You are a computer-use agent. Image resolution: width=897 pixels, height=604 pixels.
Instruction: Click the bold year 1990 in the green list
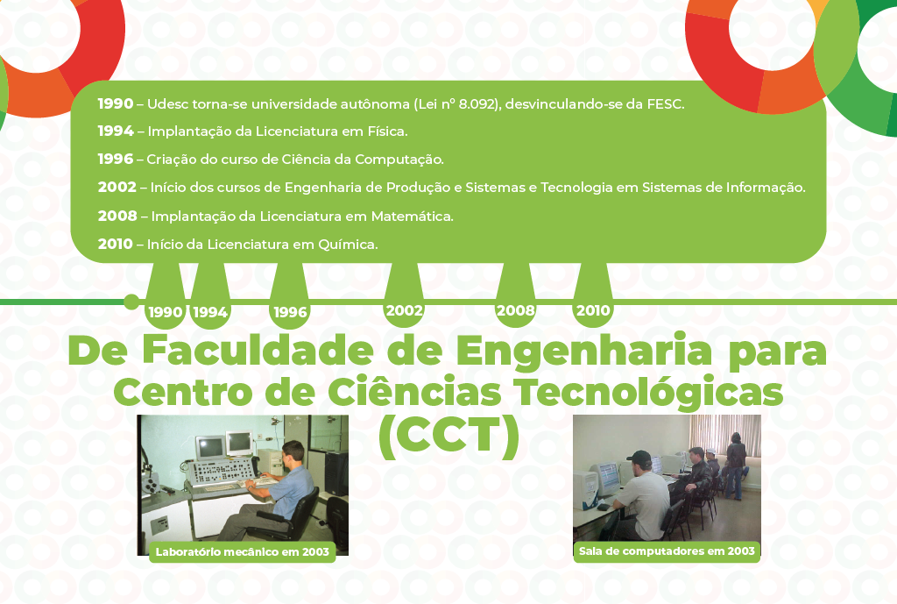point(116,103)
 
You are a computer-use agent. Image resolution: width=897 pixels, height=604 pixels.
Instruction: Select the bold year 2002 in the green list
point(117,188)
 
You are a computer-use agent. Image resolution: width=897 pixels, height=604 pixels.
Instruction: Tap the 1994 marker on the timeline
point(210,312)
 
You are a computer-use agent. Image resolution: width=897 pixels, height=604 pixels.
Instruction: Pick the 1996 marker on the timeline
point(291,312)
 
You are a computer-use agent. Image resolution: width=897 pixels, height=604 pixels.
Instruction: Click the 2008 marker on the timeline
point(515,310)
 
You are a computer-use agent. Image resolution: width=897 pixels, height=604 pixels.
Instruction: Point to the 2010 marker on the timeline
point(593,310)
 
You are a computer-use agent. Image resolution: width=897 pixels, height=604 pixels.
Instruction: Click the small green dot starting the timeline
point(131,302)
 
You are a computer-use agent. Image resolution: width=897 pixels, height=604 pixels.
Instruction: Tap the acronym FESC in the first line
point(665,104)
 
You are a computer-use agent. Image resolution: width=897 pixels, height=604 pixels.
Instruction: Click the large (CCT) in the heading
point(449,437)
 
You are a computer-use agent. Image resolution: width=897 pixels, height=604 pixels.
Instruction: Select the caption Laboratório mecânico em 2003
point(243,552)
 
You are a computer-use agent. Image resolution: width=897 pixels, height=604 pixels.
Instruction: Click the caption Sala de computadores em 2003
point(667,551)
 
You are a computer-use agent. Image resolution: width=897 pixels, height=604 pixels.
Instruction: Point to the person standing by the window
point(736,465)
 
